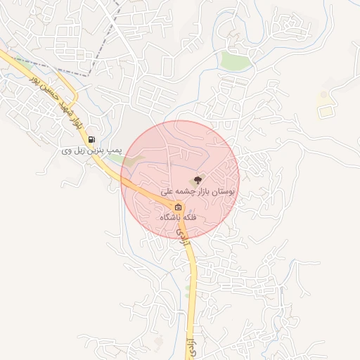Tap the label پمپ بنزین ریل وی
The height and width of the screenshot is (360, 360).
pyautogui.click(x=91, y=150)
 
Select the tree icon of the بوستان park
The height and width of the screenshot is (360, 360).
pyautogui.click(x=197, y=179)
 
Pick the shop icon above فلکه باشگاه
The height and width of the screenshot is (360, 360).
pyautogui.click(x=179, y=207)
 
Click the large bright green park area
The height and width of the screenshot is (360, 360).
pyautogui.click(x=236, y=60)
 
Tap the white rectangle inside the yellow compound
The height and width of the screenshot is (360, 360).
pyautogui.click(x=324, y=111)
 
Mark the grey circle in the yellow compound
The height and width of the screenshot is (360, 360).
pyautogui.click(x=324, y=94)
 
